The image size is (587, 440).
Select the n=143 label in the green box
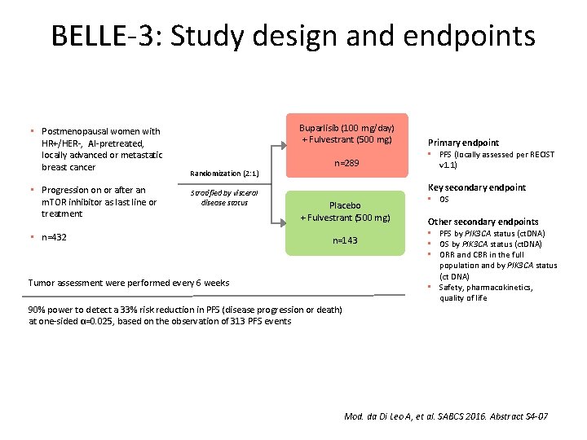(x=344, y=240)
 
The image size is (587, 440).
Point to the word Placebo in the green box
(x=344, y=205)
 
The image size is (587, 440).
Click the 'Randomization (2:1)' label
(x=223, y=174)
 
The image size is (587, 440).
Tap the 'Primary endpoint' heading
(x=463, y=143)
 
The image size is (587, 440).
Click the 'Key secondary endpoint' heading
(x=477, y=187)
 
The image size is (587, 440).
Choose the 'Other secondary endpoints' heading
(x=483, y=222)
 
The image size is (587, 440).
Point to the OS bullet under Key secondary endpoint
(x=444, y=200)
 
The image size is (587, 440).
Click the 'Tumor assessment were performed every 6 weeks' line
(x=129, y=283)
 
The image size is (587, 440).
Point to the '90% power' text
(x=53, y=310)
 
